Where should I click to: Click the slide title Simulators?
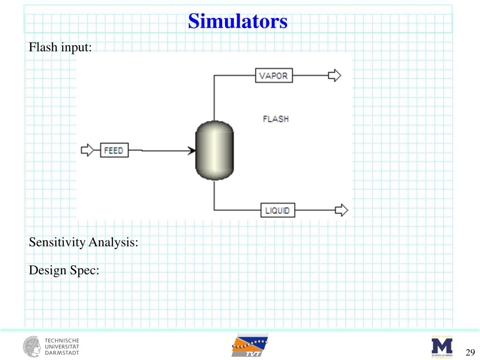click(x=238, y=21)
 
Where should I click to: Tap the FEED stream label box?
click(x=114, y=150)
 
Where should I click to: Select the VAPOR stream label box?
click(x=274, y=75)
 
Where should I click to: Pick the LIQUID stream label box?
click(x=277, y=210)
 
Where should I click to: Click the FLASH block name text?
click(x=276, y=119)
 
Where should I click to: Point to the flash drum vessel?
click(x=214, y=150)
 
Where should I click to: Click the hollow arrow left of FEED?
click(x=88, y=150)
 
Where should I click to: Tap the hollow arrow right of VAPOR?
click(x=334, y=75)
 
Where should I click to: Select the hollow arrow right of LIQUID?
click(x=342, y=210)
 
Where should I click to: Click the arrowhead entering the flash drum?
click(x=192, y=150)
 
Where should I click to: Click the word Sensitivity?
click(x=57, y=242)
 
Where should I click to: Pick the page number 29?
click(x=470, y=352)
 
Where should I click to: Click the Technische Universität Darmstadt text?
click(x=62, y=346)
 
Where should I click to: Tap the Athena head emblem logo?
click(x=32, y=346)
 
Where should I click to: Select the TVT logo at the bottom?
click(x=249, y=346)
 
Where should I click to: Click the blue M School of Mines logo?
click(x=442, y=346)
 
